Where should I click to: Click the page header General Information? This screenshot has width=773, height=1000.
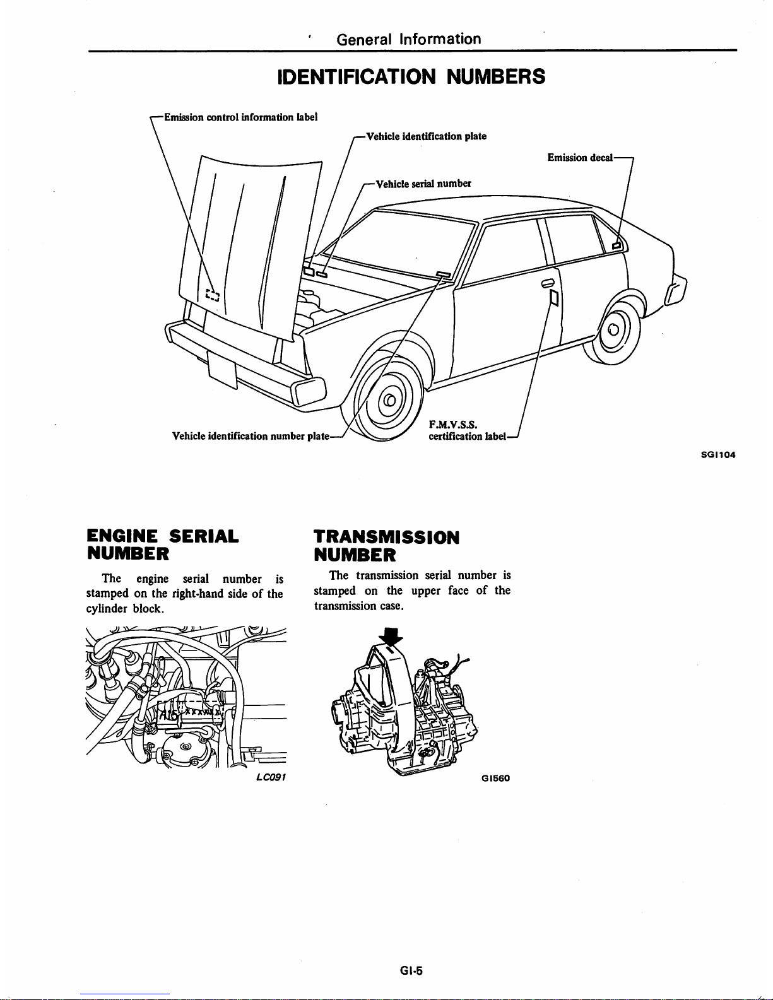tap(409, 39)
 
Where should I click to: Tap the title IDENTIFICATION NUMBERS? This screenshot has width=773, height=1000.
tap(411, 76)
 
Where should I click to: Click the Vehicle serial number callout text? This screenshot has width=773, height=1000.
tap(423, 184)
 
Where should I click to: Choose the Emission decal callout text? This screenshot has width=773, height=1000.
tap(580, 158)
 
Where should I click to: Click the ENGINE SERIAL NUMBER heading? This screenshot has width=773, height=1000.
tap(162, 545)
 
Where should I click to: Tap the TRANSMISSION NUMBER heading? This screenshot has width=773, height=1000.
tap(386, 546)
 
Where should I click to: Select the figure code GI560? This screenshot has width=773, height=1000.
tap(495, 778)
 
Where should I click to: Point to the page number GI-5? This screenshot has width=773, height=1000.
tap(411, 971)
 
